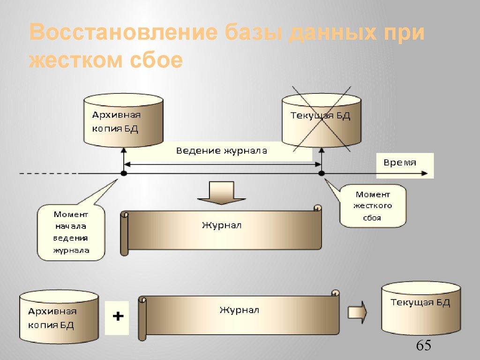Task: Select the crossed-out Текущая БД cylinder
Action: pyautogui.click(x=322, y=120)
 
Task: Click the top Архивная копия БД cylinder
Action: pyautogui.click(x=123, y=120)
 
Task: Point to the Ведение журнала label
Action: pyautogui.click(x=222, y=151)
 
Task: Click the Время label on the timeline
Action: pyautogui.click(x=400, y=163)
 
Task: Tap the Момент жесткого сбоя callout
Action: pyautogui.click(x=373, y=206)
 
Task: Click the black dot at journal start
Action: pyautogui.click(x=124, y=173)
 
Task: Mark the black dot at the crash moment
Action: pyautogui.click(x=322, y=173)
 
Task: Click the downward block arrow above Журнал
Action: pyautogui.click(x=221, y=193)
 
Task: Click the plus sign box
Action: pyautogui.click(x=117, y=317)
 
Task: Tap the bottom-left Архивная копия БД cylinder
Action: pyautogui.click(x=59, y=317)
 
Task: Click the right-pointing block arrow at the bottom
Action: pyautogui.click(x=357, y=311)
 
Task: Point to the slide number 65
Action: pyautogui.click(x=423, y=346)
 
